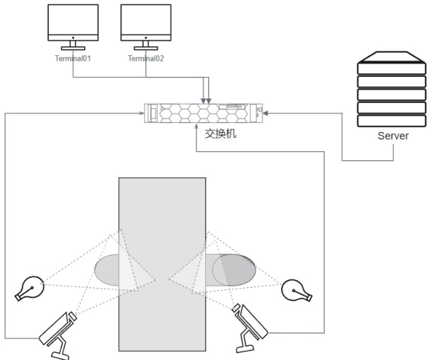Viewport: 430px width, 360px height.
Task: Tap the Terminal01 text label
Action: [x=73, y=59]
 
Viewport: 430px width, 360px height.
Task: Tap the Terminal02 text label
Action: [x=145, y=59]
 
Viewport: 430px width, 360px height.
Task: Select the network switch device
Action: [x=203, y=112]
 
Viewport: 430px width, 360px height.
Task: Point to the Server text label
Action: [x=393, y=135]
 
